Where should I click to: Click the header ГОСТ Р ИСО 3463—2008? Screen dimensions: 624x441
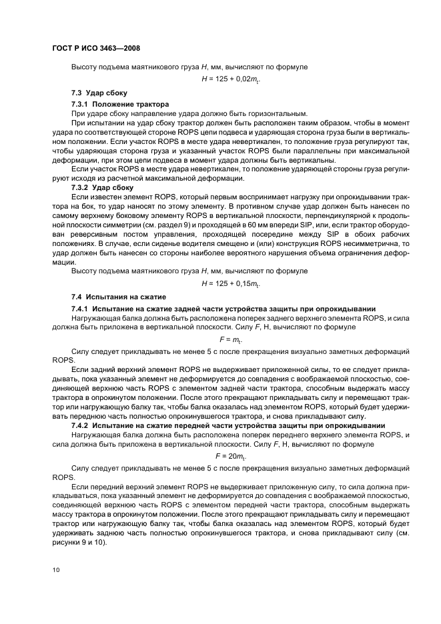tap(95, 49)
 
